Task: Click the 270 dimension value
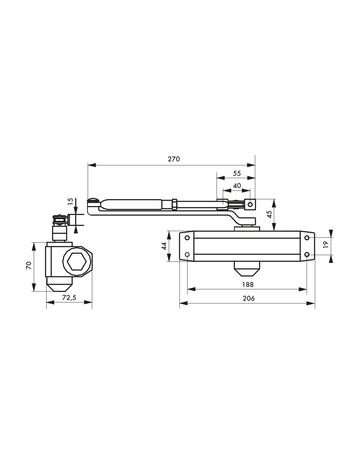tap(174, 159)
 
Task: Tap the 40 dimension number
tap(237, 185)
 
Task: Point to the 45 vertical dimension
tap(270, 214)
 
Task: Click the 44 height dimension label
tap(164, 246)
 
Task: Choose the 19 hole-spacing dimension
tap(326, 244)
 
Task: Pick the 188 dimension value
tap(248, 284)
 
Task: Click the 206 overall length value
tap(249, 298)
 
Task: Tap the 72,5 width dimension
tap(69, 298)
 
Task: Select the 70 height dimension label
tap(29, 266)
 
